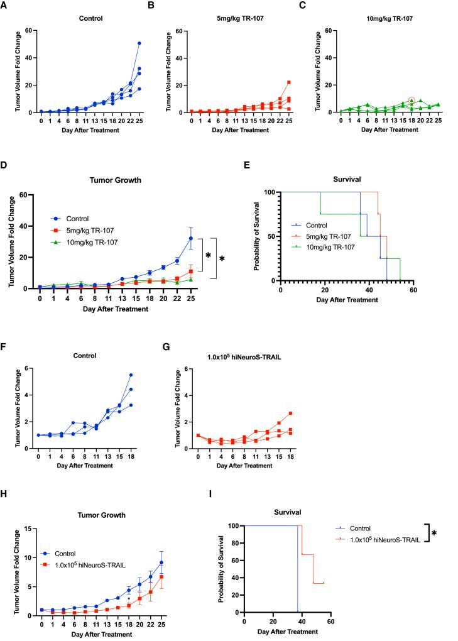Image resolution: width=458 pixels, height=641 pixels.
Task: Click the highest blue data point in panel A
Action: [139, 43]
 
